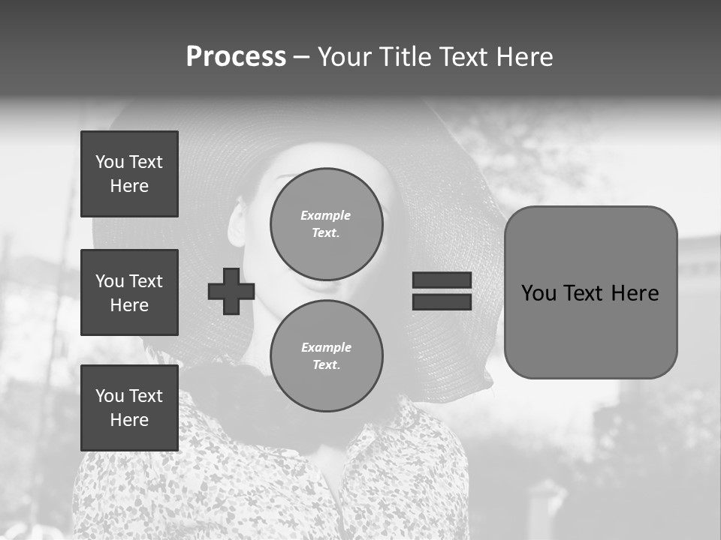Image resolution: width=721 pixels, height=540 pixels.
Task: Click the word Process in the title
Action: point(236,57)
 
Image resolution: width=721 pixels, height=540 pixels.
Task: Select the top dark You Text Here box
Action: point(129,174)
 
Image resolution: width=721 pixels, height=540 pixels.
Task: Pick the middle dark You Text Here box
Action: point(129,292)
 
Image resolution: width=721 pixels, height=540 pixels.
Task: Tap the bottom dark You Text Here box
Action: point(129,408)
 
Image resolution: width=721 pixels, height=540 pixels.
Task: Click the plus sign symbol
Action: point(231,291)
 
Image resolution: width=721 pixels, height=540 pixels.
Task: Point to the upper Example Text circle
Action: point(326,224)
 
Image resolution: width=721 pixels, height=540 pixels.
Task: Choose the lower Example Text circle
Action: point(326,356)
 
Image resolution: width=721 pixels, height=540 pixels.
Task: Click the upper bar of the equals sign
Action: point(442,280)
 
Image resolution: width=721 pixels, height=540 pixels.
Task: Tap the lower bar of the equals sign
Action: point(442,301)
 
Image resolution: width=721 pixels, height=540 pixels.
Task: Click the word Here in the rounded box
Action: point(635,293)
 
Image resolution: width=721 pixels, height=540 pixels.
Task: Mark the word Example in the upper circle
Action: point(326,215)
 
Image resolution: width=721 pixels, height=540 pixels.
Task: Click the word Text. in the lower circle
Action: point(326,365)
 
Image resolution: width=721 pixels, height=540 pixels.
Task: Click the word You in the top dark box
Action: point(110,162)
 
